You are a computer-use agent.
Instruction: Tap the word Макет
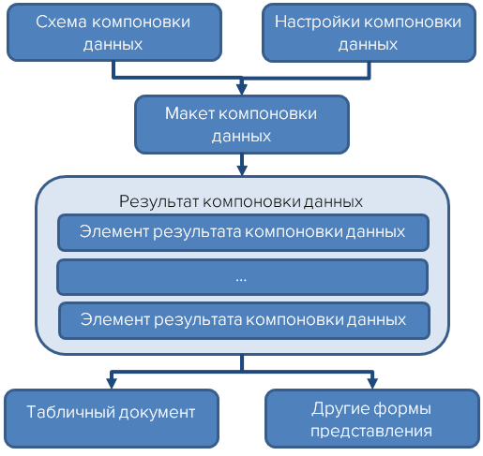click(x=189, y=114)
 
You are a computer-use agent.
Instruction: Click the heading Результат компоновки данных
click(x=241, y=201)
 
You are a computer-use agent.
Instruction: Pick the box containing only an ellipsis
click(x=242, y=277)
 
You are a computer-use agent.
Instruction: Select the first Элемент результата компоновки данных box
click(x=242, y=232)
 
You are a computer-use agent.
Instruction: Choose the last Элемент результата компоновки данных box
click(x=242, y=319)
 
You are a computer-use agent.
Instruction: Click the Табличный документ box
click(x=111, y=413)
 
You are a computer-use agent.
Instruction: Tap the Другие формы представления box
click(x=372, y=419)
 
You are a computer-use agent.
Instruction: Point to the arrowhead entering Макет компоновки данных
click(x=242, y=90)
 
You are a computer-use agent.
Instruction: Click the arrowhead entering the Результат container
click(x=242, y=170)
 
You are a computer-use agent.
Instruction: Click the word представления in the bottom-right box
click(x=372, y=432)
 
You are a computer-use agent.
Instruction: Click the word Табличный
click(x=69, y=413)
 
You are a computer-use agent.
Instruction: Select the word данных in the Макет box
click(x=241, y=136)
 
